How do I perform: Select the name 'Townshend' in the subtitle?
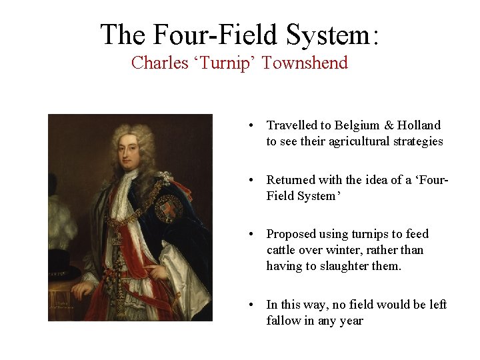coord(305,63)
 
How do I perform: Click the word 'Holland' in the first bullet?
coord(418,125)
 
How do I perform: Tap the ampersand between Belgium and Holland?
coord(388,125)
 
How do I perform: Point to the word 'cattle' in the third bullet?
coord(281,250)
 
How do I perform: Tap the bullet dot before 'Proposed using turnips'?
coord(249,234)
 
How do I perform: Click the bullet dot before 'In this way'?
coord(249,305)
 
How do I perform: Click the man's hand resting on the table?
coord(83,289)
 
